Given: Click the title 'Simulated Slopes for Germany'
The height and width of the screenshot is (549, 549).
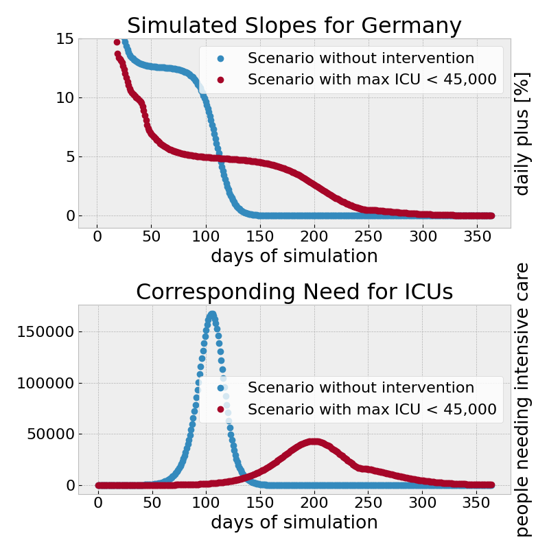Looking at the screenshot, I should coord(294,25).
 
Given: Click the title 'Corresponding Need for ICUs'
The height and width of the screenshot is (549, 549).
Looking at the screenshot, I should coord(294,292).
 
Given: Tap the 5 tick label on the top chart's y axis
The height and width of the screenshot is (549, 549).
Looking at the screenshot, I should coord(69,156).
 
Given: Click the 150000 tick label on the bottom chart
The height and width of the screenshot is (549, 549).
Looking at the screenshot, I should coord(43,331).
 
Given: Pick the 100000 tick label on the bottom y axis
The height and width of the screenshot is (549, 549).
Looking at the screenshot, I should coord(43,383).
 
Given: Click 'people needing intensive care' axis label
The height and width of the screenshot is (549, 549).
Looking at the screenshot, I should coord(522,399).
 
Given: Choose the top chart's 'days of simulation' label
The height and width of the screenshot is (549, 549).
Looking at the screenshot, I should coord(294,256).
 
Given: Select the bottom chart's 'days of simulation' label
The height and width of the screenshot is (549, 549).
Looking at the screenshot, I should coord(294,522).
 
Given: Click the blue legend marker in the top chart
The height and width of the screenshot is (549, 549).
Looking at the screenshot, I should coord(220,58).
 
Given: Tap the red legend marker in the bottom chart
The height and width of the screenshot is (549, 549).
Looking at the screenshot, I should coord(220,409).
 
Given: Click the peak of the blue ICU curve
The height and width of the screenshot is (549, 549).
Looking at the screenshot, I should coord(212,314).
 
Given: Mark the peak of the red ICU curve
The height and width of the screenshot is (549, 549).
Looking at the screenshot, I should coord(314,441).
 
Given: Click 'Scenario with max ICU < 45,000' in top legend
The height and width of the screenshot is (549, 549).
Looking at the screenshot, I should coord(372,80).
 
